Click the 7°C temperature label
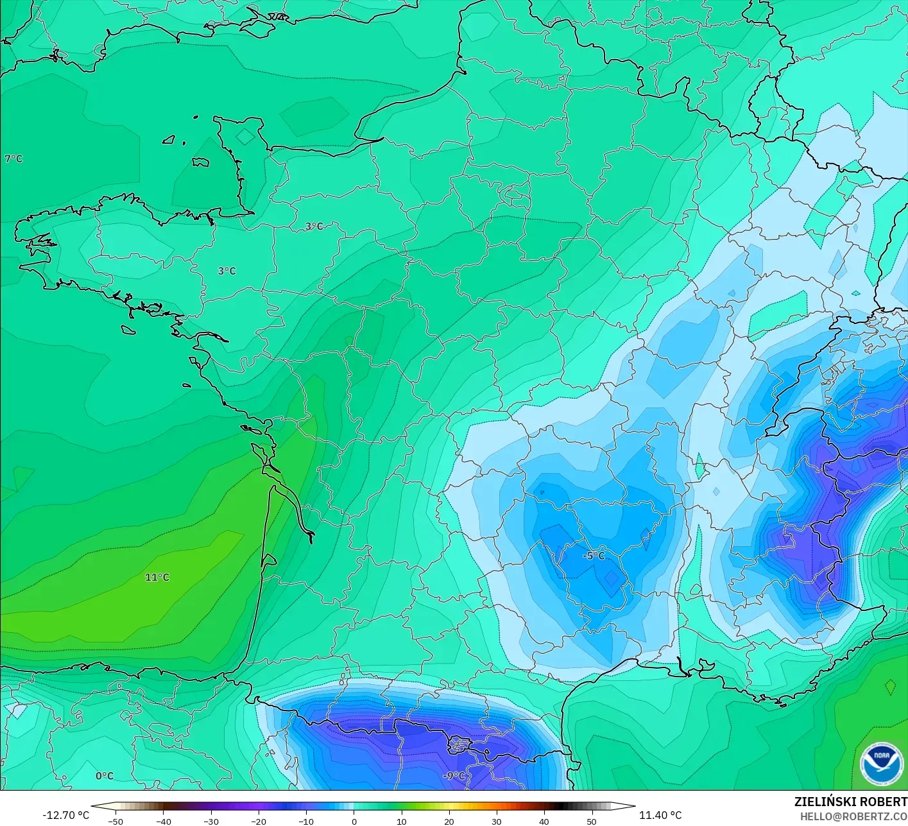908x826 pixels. click(x=13, y=159)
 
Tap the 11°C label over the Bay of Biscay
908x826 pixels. click(x=157, y=578)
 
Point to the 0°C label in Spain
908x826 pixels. click(x=105, y=776)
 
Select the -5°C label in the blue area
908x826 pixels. click(x=594, y=555)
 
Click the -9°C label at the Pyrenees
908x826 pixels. click(x=454, y=776)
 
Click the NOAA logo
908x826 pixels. click(x=881, y=762)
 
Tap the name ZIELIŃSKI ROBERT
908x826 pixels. click(x=850, y=802)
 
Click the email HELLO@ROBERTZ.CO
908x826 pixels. click(x=853, y=816)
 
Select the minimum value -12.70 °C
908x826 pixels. click(x=66, y=815)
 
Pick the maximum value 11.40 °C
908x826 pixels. click(x=660, y=815)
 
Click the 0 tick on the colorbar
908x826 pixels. click(x=354, y=821)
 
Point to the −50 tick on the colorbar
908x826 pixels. click(x=116, y=821)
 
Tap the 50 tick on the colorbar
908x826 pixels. click(x=591, y=821)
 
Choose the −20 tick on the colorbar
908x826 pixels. click(x=259, y=821)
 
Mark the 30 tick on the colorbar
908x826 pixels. click(x=497, y=821)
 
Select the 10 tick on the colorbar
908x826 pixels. click(x=402, y=821)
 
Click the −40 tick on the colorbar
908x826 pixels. click(x=164, y=821)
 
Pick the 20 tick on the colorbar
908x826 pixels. click(x=449, y=821)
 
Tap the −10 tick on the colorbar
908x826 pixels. click(x=307, y=821)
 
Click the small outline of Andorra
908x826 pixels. click(x=459, y=745)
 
